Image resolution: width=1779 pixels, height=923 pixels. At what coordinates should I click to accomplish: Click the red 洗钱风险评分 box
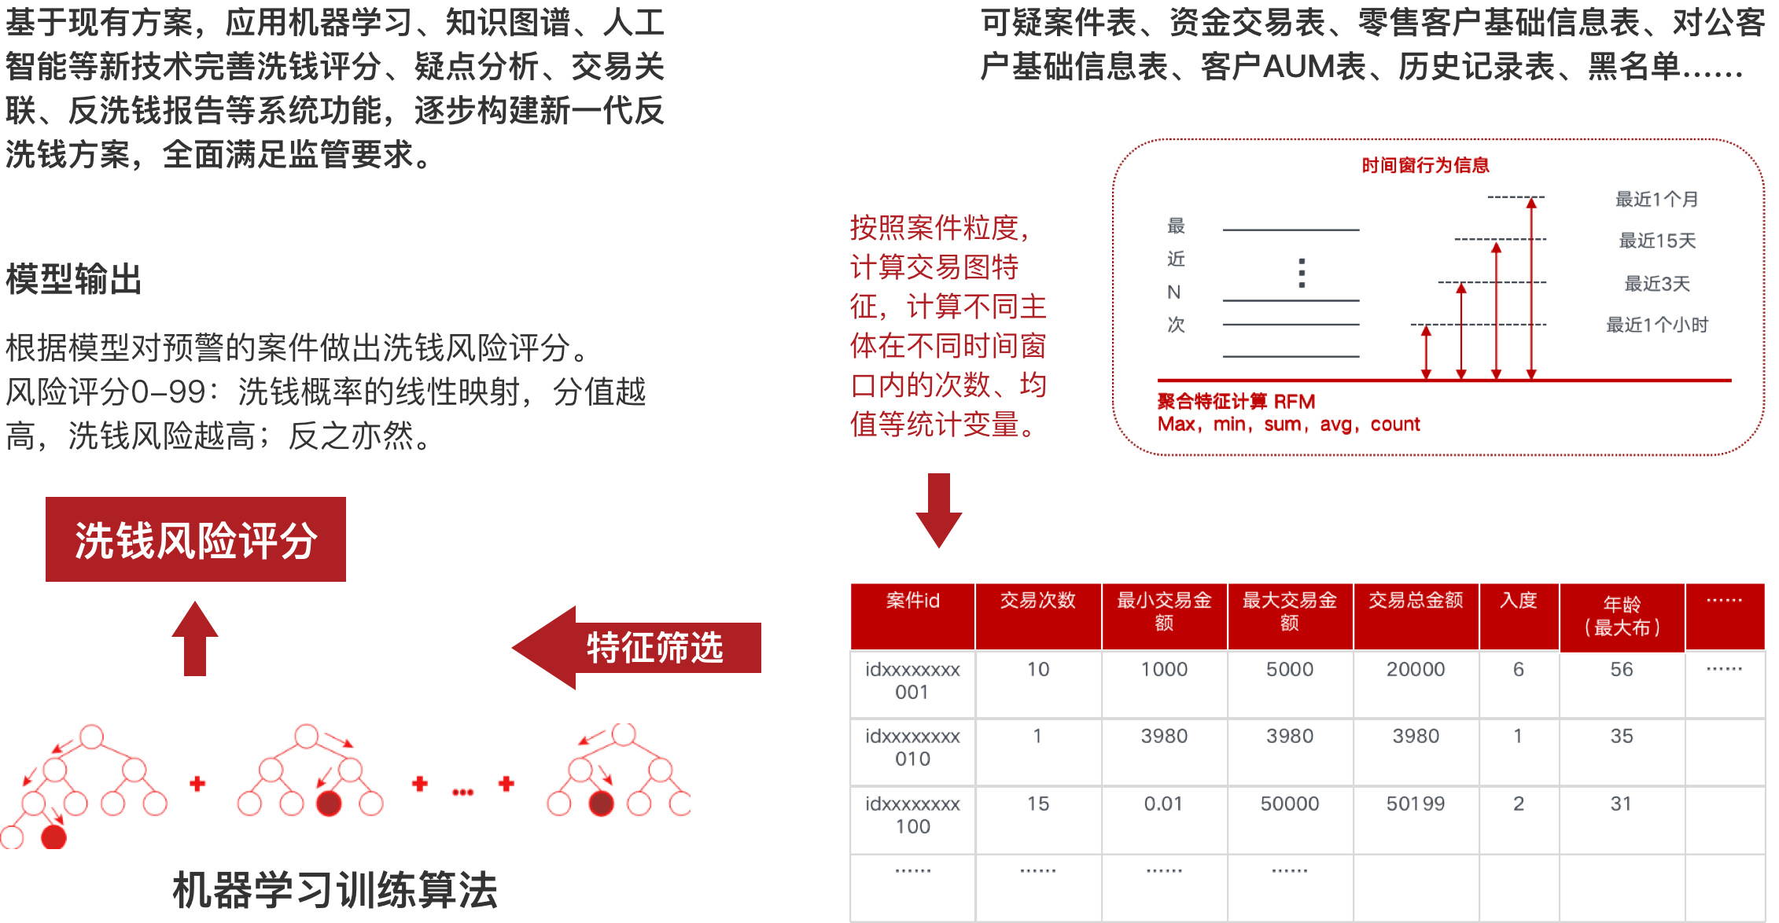point(195,539)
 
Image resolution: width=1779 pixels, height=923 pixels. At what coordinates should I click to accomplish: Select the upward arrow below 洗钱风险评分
point(195,638)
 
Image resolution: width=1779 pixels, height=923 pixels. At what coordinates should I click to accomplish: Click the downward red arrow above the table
point(938,509)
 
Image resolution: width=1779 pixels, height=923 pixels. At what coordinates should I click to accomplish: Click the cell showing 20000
point(1416,670)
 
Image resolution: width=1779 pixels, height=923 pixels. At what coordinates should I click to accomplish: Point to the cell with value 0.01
point(1163,803)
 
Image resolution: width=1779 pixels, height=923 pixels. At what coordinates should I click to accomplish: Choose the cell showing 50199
point(1416,803)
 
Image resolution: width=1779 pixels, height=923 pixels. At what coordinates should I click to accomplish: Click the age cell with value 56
point(1622,670)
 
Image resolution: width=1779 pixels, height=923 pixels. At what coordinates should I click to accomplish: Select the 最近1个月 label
point(1656,200)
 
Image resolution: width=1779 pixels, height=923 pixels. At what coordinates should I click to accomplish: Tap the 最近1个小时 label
point(1656,325)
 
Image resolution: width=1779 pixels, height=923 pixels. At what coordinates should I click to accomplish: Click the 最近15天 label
point(1657,241)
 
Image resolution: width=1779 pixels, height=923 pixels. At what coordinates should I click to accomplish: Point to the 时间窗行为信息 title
point(1425,165)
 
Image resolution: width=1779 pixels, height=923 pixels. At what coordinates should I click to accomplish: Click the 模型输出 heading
point(73,279)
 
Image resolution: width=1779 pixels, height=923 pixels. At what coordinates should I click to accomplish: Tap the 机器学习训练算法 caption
point(334,890)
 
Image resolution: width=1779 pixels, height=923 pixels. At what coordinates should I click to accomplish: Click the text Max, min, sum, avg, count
point(1288,425)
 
